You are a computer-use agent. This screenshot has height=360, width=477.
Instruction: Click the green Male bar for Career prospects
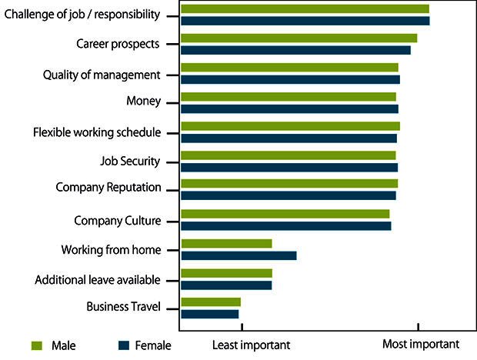[x=299, y=38]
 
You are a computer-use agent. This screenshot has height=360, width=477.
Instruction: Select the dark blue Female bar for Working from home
[x=239, y=255]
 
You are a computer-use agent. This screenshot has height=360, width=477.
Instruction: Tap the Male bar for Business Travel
[x=211, y=302]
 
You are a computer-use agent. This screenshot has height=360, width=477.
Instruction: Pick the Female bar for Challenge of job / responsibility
[x=305, y=21]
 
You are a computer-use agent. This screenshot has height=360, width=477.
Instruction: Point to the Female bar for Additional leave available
[x=226, y=285]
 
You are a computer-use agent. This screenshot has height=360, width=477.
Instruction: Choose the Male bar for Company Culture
[x=285, y=214]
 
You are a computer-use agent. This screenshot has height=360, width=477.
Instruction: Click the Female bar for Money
[x=289, y=108]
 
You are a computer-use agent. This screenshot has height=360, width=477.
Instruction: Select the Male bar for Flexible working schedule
[x=290, y=126]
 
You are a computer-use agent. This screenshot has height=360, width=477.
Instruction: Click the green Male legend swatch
[x=35, y=345]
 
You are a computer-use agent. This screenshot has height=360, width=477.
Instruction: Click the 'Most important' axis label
[x=420, y=345]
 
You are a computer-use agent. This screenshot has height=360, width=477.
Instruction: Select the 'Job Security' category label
[x=130, y=162]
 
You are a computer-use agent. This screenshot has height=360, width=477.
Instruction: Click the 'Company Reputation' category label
[x=108, y=188]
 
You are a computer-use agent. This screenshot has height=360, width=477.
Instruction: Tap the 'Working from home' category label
[x=111, y=250]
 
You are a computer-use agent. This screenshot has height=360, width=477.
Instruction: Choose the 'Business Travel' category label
[x=123, y=307]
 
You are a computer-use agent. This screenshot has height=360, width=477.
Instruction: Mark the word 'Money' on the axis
[x=143, y=102]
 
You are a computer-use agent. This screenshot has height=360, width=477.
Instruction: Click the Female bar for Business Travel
[x=209, y=313]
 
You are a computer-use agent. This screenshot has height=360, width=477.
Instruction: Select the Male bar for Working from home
[x=226, y=244]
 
